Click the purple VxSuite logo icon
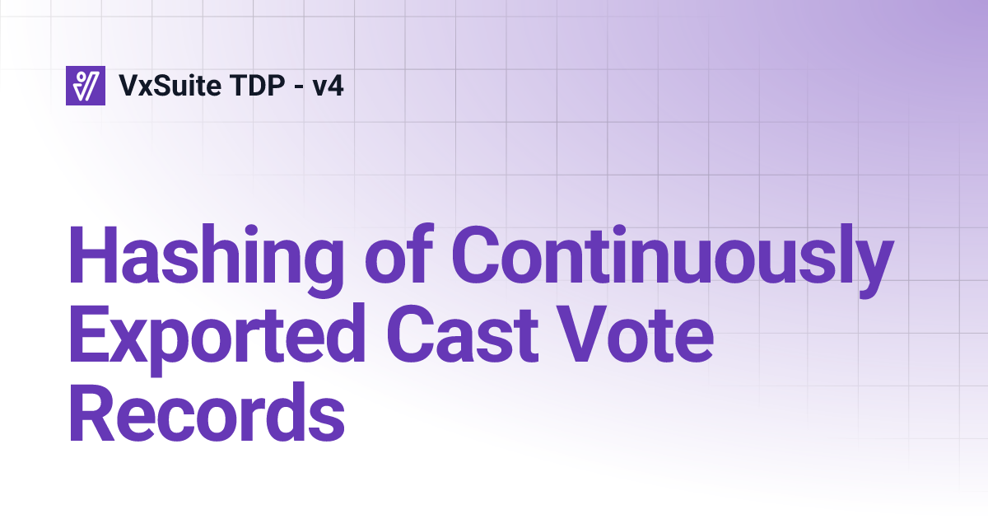pyautogui.click(x=86, y=85)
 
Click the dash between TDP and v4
pyautogui.click(x=291, y=86)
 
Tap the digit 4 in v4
pyautogui.click(x=336, y=85)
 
